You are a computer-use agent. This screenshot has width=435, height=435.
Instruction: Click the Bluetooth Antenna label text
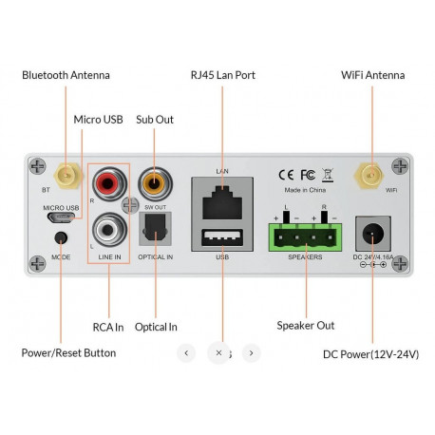[66, 75]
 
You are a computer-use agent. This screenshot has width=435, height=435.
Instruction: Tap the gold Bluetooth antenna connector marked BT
[66, 177]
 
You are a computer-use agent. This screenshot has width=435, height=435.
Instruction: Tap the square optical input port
[153, 228]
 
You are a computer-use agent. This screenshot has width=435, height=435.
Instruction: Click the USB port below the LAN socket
[223, 237]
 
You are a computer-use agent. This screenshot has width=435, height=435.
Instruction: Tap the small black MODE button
[62, 240]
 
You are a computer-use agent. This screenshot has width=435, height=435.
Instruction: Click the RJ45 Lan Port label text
[222, 75]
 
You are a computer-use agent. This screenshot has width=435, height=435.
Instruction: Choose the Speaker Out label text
[305, 326]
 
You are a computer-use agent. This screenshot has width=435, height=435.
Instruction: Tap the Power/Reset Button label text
[68, 353]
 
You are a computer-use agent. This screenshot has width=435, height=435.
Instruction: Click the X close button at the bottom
[218, 352]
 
